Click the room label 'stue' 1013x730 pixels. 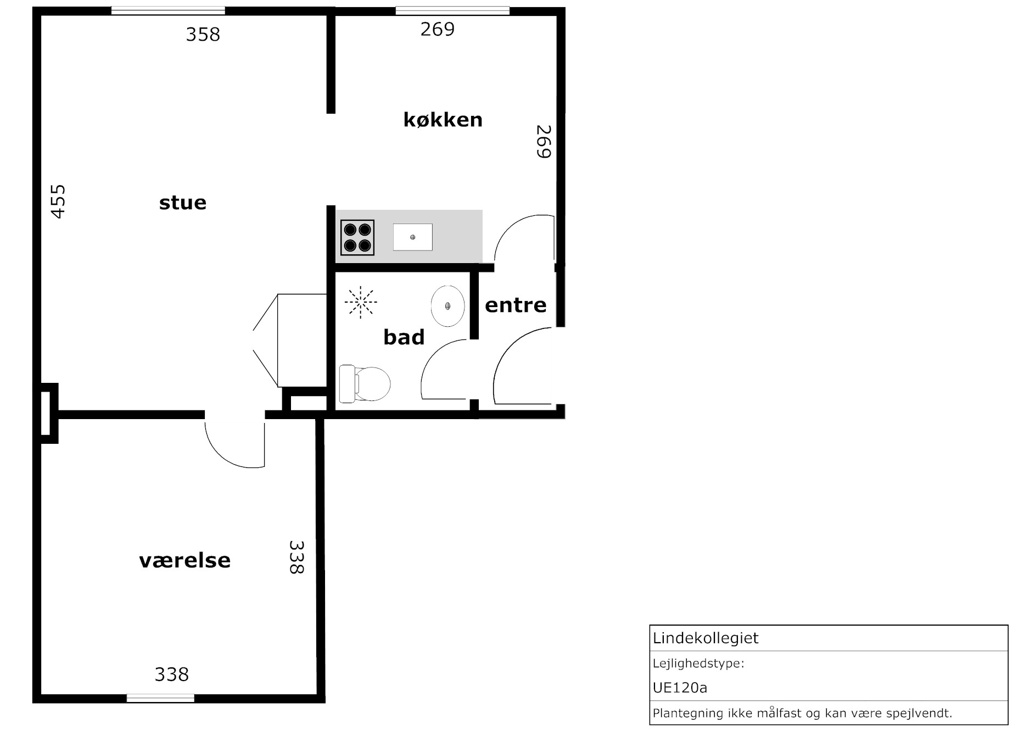coord(183,203)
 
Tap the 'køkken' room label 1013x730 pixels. coord(443,119)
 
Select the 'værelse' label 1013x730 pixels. coord(185,560)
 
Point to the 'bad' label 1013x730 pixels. coord(404,337)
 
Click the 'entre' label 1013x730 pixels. coord(516,305)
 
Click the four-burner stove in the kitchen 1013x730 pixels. coord(357,237)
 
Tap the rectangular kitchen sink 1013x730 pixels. coord(413,237)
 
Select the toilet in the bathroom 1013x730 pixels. coord(365,383)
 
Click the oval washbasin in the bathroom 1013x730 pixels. coord(448,306)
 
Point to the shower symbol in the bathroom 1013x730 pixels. coord(361,302)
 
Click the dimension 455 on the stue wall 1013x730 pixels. coord(58,202)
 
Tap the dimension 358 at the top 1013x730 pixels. coord(203,35)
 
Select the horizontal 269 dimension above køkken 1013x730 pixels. coord(438,29)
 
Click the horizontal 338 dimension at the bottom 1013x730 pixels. coord(172,674)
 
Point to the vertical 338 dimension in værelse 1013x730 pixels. coord(296,558)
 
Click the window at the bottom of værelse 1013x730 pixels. coord(161,698)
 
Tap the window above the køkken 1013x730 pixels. coord(452,10)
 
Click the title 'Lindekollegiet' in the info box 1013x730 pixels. coord(706,638)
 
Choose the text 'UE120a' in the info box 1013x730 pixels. coord(680,688)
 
